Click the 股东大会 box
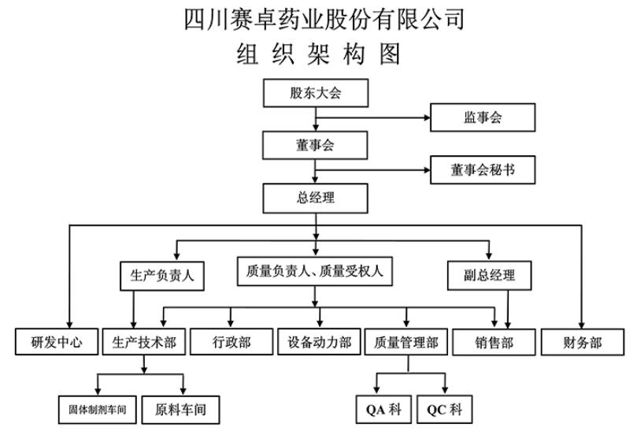315,94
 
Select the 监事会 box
483,118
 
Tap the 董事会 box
315,145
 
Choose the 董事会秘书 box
483,169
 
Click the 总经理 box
315,196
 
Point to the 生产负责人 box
161,276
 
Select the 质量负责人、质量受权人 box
315,272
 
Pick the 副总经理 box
491,276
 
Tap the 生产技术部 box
144,343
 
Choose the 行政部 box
231,343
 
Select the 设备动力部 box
319,343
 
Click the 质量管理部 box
406,343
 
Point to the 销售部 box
494,343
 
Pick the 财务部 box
582,343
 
